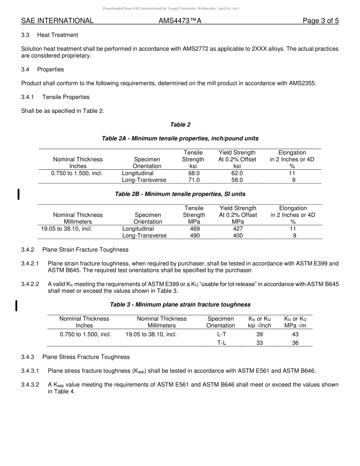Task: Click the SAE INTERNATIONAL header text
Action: click(x=57, y=21)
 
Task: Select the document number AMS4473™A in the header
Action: click(x=180, y=21)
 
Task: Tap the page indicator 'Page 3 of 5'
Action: click(x=320, y=21)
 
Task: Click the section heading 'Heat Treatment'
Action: click(x=58, y=35)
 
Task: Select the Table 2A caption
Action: click(x=180, y=139)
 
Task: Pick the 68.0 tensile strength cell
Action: click(x=194, y=173)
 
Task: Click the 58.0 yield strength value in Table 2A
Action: click(x=237, y=180)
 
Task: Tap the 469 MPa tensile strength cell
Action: click(x=194, y=228)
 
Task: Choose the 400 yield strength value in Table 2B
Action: click(x=238, y=235)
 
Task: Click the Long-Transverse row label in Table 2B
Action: click(x=144, y=235)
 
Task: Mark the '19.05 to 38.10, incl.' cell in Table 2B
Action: click(x=67, y=228)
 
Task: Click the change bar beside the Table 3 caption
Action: click(x=16, y=305)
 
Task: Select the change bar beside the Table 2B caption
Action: click(x=19, y=194)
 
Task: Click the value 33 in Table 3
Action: click(x=260, y=343)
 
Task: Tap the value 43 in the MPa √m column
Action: click(x=295, y=334)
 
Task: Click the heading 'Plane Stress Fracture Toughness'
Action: click(x=86, y=357)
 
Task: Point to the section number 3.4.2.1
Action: click(x=30, y=263)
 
